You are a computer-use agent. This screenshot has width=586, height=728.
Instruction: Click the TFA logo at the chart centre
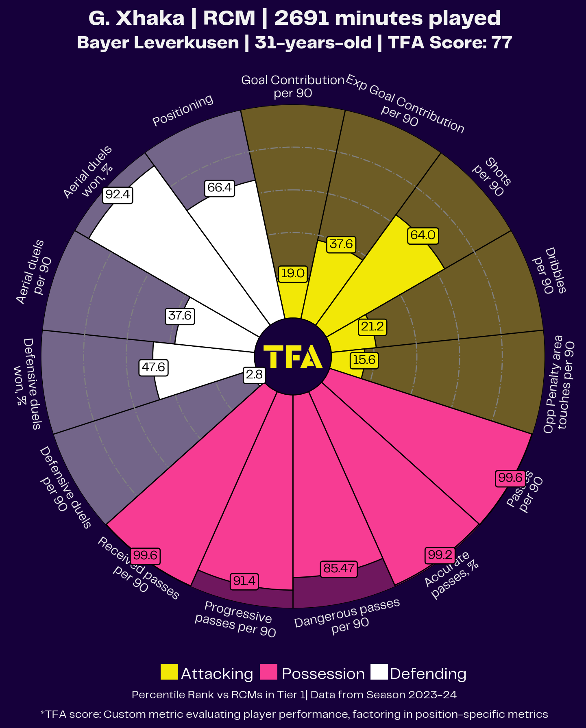[293, 356]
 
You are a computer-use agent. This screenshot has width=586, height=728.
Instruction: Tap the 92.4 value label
[118, 195]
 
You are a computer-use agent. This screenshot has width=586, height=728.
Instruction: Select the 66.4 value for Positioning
[219, 188]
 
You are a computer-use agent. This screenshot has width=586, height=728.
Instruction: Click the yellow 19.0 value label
[292, 273]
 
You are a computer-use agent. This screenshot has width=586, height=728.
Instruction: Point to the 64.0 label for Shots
[423, 235]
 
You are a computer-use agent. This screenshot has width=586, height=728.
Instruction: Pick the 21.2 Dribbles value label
[372, 327]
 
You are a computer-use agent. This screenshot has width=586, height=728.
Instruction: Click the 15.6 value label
[364, 360]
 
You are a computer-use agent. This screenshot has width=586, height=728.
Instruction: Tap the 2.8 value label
[254, 374]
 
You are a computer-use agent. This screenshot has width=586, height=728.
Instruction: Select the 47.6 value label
[153, 367]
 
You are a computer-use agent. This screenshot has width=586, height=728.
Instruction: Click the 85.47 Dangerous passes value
[339, 568]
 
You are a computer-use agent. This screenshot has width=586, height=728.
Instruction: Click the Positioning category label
[183, 110]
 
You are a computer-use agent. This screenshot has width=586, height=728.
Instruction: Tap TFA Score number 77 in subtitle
[502, 43]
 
